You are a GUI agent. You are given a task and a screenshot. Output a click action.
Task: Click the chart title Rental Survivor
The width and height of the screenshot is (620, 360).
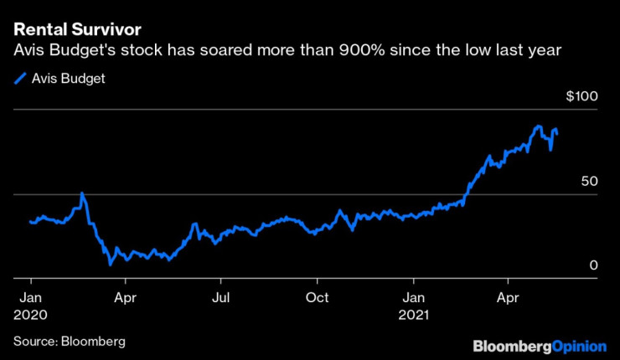76,31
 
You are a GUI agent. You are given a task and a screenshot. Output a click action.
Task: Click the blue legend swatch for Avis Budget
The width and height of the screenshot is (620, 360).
19,80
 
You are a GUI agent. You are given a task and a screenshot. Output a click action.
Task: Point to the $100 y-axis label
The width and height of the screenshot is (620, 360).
581,97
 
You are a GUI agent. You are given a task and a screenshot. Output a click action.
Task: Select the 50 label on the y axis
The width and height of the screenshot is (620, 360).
586,181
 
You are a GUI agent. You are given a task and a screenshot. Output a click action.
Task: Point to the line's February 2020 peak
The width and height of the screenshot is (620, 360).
82,193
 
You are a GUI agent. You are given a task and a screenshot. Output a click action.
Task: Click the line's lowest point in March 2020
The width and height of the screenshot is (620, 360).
110,265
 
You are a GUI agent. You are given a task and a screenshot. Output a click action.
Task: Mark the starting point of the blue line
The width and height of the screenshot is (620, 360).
29,222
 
